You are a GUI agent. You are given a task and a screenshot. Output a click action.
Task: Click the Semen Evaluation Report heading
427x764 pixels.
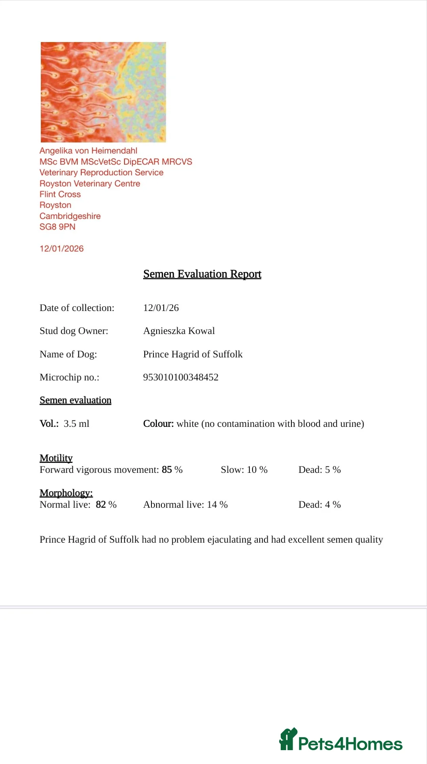pos(202,274)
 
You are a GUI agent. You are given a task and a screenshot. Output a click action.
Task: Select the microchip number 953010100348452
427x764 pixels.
pos(181,377)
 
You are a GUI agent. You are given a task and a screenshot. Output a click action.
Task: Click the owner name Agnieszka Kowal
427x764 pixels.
pos(179,331)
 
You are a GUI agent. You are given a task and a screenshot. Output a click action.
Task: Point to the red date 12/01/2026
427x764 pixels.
pos(62,248)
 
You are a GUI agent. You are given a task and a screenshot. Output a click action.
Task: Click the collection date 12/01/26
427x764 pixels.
pos(161,308)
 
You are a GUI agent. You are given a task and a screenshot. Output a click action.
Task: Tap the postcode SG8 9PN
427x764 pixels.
pos(57,227)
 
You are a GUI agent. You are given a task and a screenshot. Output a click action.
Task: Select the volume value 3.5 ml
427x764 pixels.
pos(76,424)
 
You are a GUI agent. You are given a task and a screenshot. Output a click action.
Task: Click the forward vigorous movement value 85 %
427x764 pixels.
pos(172,470)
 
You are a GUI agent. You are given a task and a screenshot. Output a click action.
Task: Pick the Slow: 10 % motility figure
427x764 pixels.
pos(244,470)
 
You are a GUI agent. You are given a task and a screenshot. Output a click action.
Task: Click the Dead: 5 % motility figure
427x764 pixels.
pos(319,470)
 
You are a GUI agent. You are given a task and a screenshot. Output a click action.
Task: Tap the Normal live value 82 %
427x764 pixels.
pos(106,504)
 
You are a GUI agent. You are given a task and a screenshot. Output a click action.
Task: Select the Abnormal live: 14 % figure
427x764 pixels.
pos(185,504)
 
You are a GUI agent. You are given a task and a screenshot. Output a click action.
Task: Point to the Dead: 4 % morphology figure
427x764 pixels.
pos(319,504)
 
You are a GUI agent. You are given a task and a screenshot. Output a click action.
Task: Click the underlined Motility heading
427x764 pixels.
pos(56,458)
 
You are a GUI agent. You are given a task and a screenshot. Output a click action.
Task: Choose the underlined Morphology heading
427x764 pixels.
pos(66,493)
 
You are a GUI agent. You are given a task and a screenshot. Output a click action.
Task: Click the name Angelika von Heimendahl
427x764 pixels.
pos(89,151)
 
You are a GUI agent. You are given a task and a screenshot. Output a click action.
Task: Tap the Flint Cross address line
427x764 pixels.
pos(60,194)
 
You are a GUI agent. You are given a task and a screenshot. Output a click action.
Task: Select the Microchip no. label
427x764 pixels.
pos(70,377)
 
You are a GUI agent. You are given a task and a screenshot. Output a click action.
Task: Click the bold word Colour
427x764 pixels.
pos(158,424)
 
